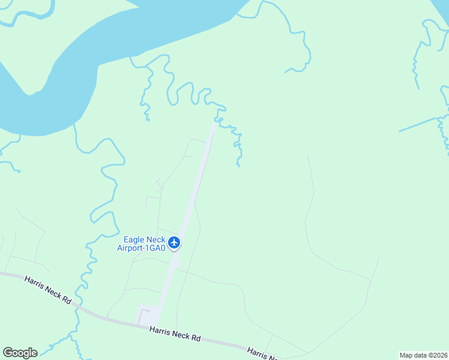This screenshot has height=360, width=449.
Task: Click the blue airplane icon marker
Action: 174,242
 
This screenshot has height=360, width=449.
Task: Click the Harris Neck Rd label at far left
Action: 48,289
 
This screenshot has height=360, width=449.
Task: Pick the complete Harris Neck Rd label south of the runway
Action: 175,334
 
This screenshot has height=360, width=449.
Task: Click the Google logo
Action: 20,353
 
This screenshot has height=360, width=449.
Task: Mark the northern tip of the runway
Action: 214,124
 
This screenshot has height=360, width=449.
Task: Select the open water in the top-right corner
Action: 442,7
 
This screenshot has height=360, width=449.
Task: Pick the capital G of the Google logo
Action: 8,353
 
